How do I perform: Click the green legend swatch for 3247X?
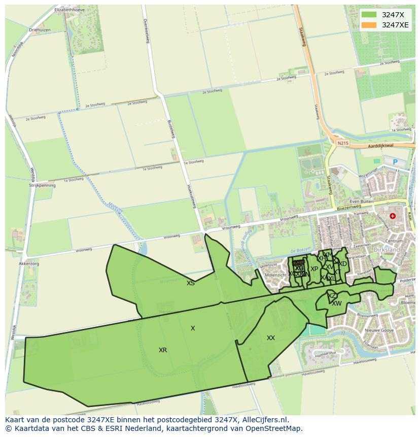coord(369,15)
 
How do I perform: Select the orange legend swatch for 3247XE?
coord(369,25)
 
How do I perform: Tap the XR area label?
coord(163,350)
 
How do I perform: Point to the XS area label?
coord(190,283)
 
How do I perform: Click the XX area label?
coord(271,338)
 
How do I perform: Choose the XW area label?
coord(337,304)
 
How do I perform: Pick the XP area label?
coord(314,269)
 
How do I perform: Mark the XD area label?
coord(343,264)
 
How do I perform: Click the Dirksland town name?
coord(387,250)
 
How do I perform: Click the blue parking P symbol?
coord(395,162)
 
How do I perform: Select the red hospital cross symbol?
coord(392,216)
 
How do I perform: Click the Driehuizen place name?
coord(40,30)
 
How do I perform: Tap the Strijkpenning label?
coord(42,185)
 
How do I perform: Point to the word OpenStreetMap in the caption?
coord(274,428)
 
